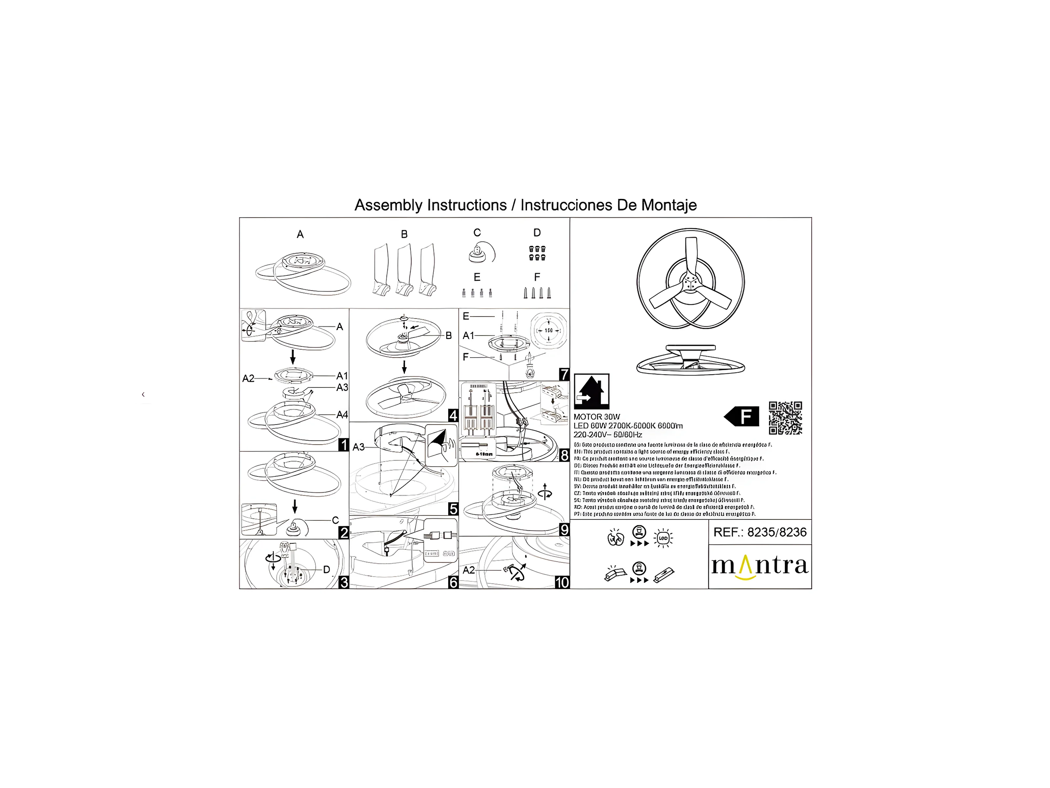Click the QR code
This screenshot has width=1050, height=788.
[x=785, y=418]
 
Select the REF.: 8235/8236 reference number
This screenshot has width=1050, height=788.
[x=760, y=532]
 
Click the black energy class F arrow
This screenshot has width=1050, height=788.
[x=742, y=417]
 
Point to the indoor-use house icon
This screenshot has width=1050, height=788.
[x=592, y=391]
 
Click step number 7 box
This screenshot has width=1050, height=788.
[x=564, y=374]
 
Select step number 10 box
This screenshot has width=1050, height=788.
[x=562, y=582]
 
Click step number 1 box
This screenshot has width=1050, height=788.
[x=343, y=445]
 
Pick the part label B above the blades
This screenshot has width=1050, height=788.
[x=404, y=234]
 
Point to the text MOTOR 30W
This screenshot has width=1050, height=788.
[x=597, y=417]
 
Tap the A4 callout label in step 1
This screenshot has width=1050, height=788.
[x=342, y=415]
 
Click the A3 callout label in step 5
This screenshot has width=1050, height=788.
[x=359, y=447]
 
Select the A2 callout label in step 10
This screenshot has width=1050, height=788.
[x=469, y=570]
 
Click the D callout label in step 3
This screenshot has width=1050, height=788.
[x=326, y=570]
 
